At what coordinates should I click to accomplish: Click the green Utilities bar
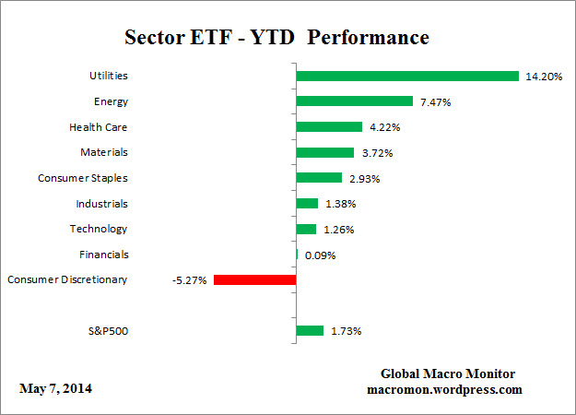pyautogui.click(x=407, y=76)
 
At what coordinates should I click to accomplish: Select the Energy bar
pyautogui.click(x=354, y=101)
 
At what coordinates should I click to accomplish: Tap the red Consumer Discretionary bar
pyautogui.click(x=254, y=279)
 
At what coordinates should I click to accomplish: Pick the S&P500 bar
pyautogui.click(x=310, y=330)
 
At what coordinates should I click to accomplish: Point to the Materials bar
pyautogui.click(x=324, y=152)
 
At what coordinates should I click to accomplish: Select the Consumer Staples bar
pyautogui.click(x=318, y=177)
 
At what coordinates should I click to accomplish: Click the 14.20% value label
pyautogui.click(x=544, y=77)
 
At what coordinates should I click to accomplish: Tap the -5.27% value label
pyautogui.click(x=189, y=279)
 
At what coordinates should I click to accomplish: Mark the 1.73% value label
pyautogui.click(x=347, y=330)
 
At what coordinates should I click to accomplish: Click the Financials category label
pyautogui.click(x=104, y=254)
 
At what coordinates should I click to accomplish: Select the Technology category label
pyautogui.click(x=99, y=228)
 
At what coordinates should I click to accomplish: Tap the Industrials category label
pyautogui.click(x=101, y=203)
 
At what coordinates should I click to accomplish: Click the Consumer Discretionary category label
pyautogui.click(x=67, y=279)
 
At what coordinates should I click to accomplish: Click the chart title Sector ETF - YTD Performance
pyautogui.click(x=276, y=38)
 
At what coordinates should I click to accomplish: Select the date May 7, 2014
pyautogui.click(x=55, y=388)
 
